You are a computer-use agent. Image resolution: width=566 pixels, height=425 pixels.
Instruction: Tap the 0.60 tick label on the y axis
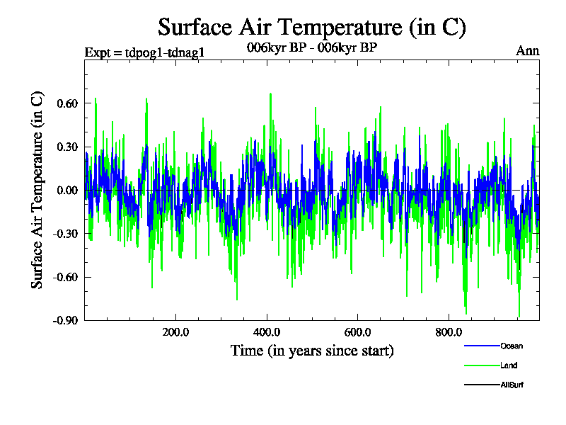point(62,103)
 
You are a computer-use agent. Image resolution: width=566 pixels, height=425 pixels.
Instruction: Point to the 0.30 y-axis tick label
point(62,147)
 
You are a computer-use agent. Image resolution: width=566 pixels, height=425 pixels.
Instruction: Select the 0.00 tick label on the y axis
point(62,190)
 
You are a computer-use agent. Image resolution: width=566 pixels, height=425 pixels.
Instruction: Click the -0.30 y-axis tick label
point(60,233)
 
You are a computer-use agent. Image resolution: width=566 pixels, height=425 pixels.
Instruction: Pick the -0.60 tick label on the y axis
point(60,276)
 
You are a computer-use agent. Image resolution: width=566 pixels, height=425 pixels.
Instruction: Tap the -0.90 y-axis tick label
point(60,320)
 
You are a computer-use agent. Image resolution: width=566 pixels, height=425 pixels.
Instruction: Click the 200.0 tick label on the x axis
point(175,333)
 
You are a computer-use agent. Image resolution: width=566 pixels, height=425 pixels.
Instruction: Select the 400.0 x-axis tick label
point(267,333)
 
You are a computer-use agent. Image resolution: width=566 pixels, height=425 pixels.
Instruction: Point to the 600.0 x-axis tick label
point(358,333)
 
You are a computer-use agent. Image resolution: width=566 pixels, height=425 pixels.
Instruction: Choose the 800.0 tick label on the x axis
point(449,333)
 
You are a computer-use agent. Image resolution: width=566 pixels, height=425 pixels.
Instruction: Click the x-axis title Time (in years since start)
point(312,350)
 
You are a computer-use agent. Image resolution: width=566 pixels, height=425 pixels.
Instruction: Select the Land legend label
point(508,365)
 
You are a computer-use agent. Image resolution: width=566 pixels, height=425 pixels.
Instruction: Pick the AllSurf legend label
point(512,385)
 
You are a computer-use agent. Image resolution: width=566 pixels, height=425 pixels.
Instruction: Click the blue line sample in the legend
point(480,346)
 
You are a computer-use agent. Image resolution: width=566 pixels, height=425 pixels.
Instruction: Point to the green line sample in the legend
point(480,365)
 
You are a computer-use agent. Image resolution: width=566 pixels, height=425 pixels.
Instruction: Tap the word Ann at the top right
point(528,51)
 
